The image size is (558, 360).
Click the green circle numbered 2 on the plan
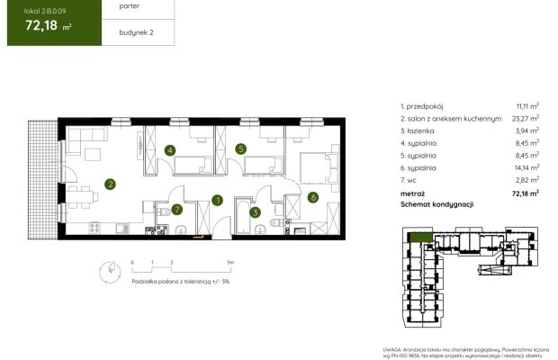[x=110, y=184]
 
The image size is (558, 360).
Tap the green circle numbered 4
[x=169, y=150]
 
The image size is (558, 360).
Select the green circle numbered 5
[x=240, y=149]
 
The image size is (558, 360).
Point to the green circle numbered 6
[x=312, y=197]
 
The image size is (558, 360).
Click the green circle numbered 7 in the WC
[x=177, y=210]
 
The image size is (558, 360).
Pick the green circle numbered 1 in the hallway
[x=217, y=200]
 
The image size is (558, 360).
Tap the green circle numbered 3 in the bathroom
[x=256, y=212]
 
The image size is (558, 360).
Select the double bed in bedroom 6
[x=314, y=166]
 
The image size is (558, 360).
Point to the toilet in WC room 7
[x=161, y=211]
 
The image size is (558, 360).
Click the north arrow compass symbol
[x=108, y=268]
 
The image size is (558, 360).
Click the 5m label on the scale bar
[x=231, y=263]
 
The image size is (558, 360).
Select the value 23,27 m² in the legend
[x=521, y=117]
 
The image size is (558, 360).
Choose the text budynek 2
[x=123, y=32]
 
